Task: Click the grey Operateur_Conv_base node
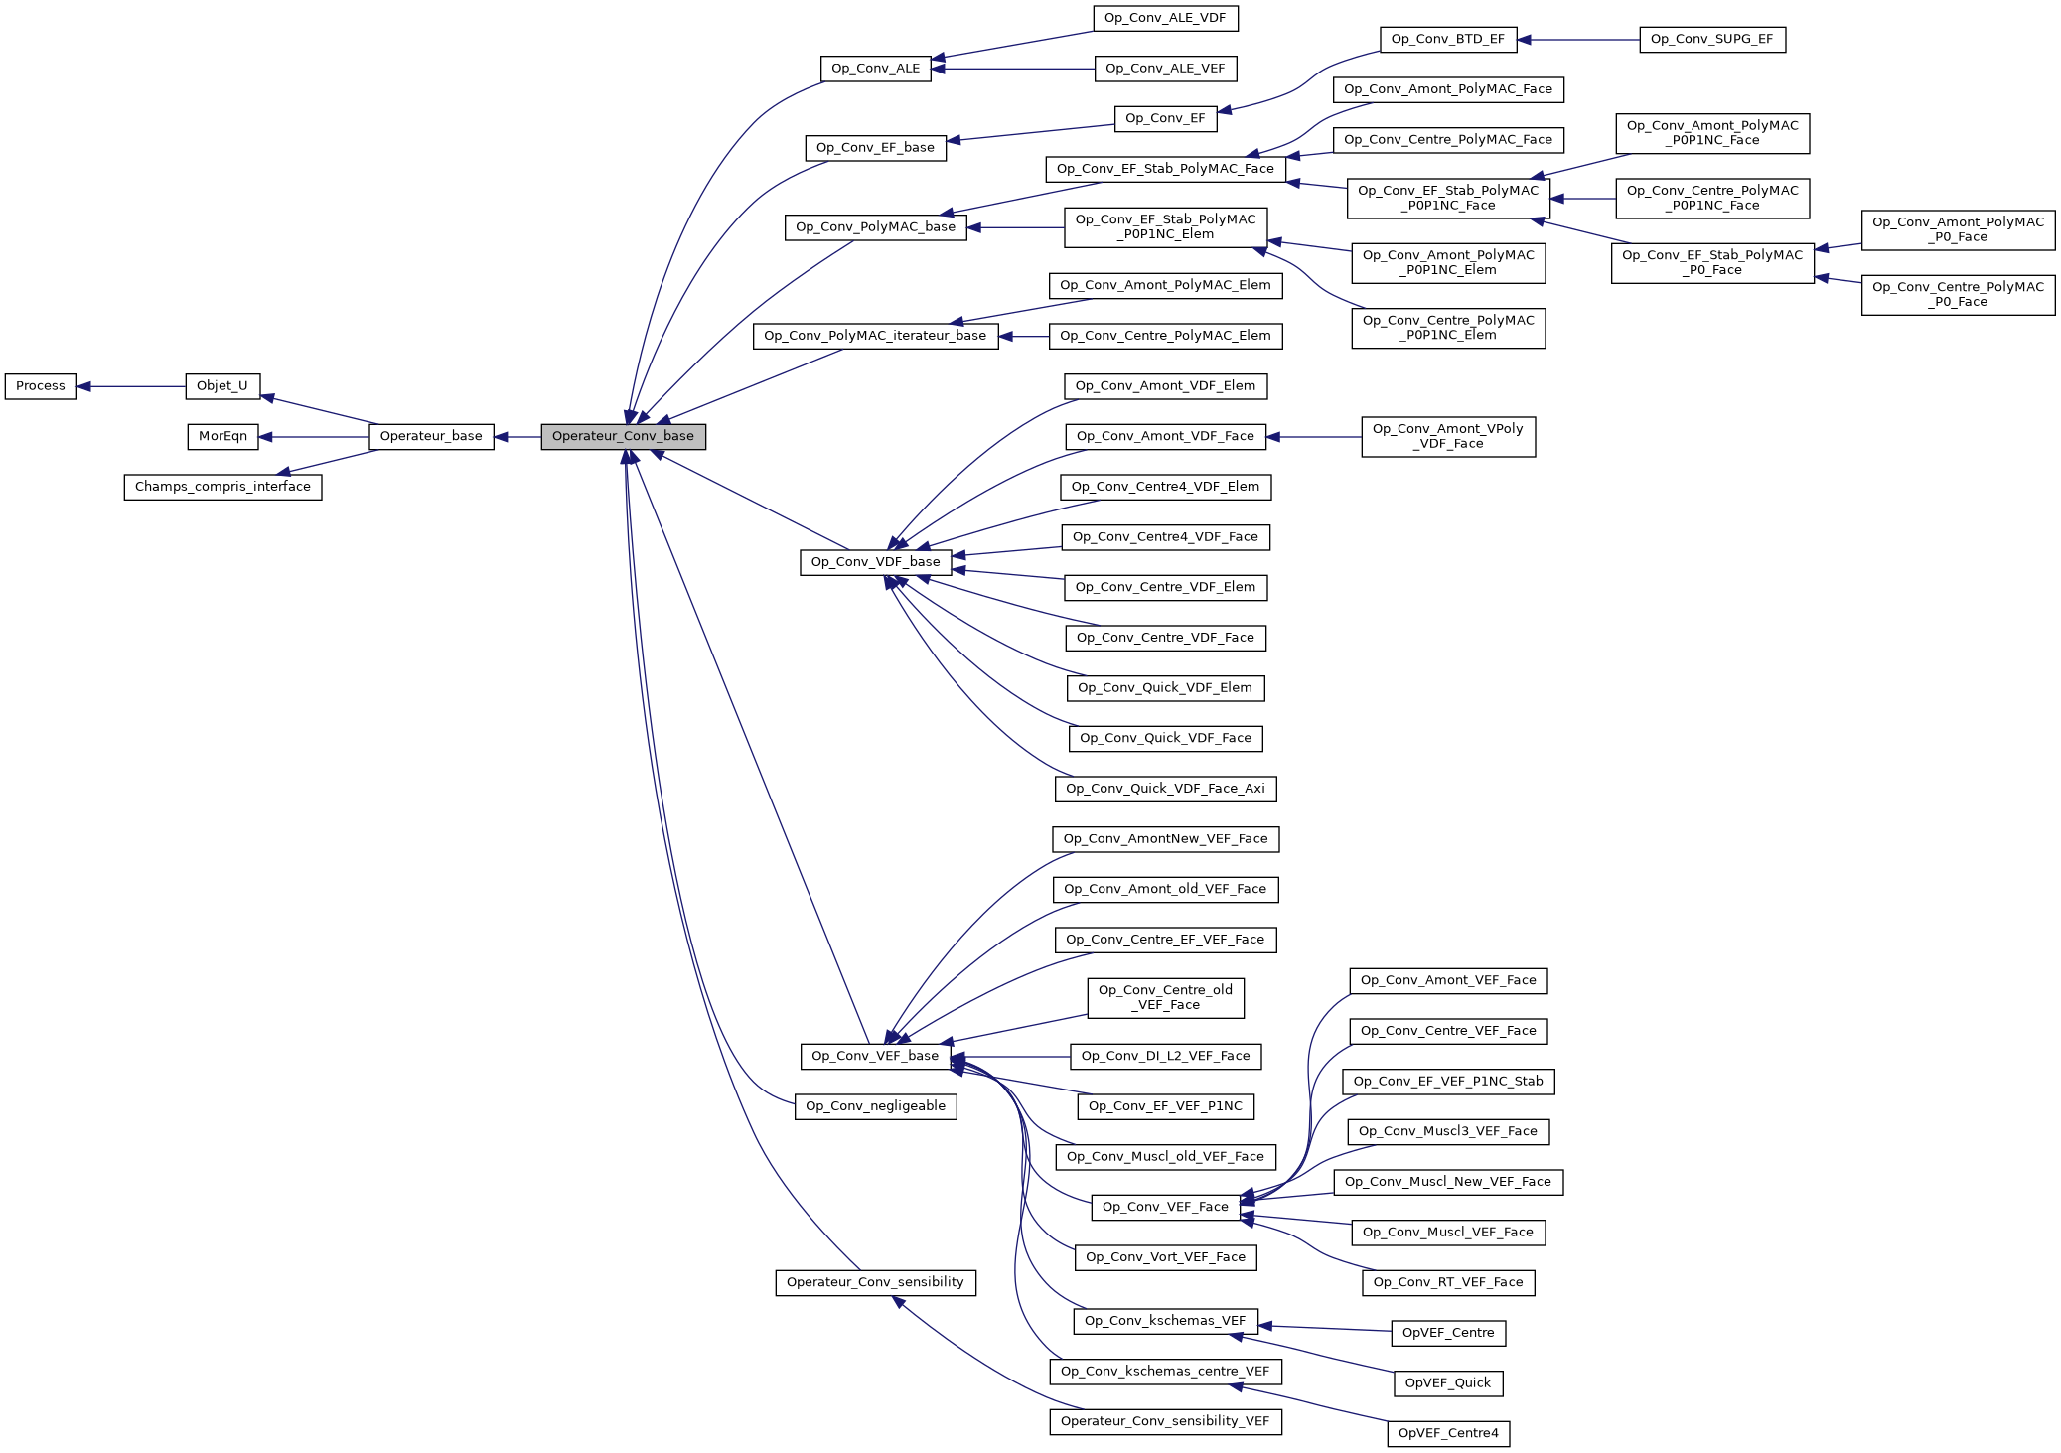[623, 437]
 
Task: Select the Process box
[41, 386]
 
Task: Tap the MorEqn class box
[222, 437]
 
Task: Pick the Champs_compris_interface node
[222, 487]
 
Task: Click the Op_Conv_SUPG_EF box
[1711, 40]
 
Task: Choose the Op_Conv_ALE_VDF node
[1165, 18]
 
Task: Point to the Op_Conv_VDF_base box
[875, 562]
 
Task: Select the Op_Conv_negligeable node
[875, 1106]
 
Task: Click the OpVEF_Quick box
[1447, 1383]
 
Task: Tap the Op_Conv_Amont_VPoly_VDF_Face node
[1447, 437]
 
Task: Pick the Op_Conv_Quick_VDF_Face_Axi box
[1165, 789]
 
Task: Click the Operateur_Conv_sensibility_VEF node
[1165, 1422]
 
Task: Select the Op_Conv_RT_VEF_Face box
[1447, 1283]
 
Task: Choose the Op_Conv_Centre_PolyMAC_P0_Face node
[1957, 295]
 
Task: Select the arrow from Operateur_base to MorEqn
[313, 437]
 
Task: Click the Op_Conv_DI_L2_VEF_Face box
[1165, 1057]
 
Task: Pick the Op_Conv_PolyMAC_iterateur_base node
[875, 336]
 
